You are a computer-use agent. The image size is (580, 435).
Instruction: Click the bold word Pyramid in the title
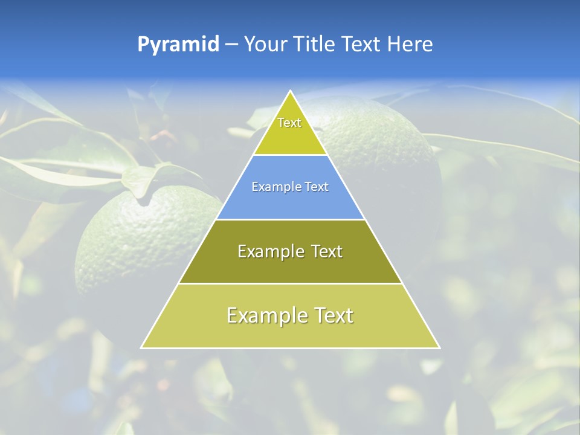tap(178, 45)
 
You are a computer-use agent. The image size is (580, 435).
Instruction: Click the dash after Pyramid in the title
tap(231, 45)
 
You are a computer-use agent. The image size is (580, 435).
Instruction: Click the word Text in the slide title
tap(362, 45)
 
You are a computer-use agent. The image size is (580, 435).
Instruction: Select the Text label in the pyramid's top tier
tap(289, 123)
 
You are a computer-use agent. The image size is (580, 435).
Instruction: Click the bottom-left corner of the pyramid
tap(141, 347)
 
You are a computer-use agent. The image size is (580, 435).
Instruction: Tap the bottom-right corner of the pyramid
tap(439, 347)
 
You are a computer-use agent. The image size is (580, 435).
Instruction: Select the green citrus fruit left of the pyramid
tap(139, 242)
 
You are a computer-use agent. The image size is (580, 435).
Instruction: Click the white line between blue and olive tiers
tap(291, 219)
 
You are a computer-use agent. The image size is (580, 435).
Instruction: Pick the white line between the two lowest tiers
tap(291, 283)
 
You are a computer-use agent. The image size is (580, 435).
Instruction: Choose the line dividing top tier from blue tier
tap(291, 155)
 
